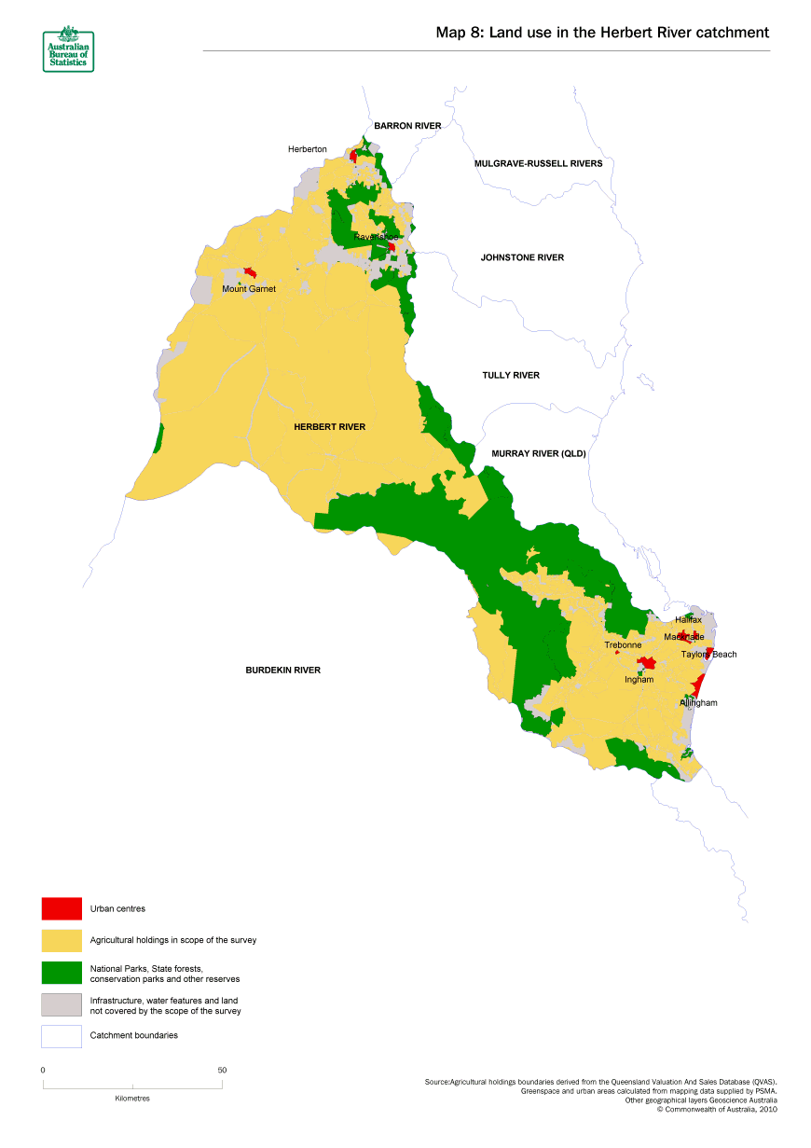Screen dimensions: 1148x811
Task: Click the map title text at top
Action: tap(602, 33)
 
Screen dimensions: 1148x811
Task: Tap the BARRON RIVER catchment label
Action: tap(407, 125)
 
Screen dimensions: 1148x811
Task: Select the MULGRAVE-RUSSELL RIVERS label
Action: tap(538, 163)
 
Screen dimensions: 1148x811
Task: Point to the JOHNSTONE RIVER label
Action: tap(522, 257)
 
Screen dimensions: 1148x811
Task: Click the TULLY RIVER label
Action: tap(511, 375)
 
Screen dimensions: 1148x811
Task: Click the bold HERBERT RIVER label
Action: tap(329, 426)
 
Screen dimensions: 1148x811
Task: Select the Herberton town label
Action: tap(308, 149)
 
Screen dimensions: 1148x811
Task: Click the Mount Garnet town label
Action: tap(249, 289)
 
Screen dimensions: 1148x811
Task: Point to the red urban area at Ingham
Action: tap(646, 665)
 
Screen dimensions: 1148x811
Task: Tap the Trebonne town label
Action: tap(623, 645)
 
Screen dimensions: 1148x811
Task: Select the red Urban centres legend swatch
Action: tap(62, 907)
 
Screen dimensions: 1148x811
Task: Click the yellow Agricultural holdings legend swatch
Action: tap(62, 940)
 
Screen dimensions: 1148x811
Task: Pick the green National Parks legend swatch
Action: tap(62, 973)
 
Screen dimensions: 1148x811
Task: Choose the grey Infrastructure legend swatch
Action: tap(62, 1004)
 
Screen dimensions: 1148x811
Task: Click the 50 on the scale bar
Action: tap(222, 1070)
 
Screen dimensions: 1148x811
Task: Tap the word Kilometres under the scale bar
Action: tap(132, 1098)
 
